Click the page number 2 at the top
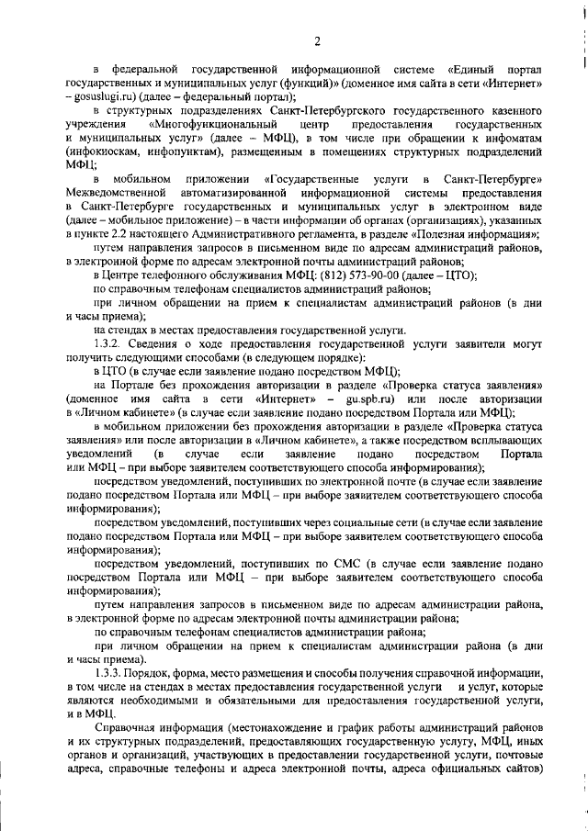316,39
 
